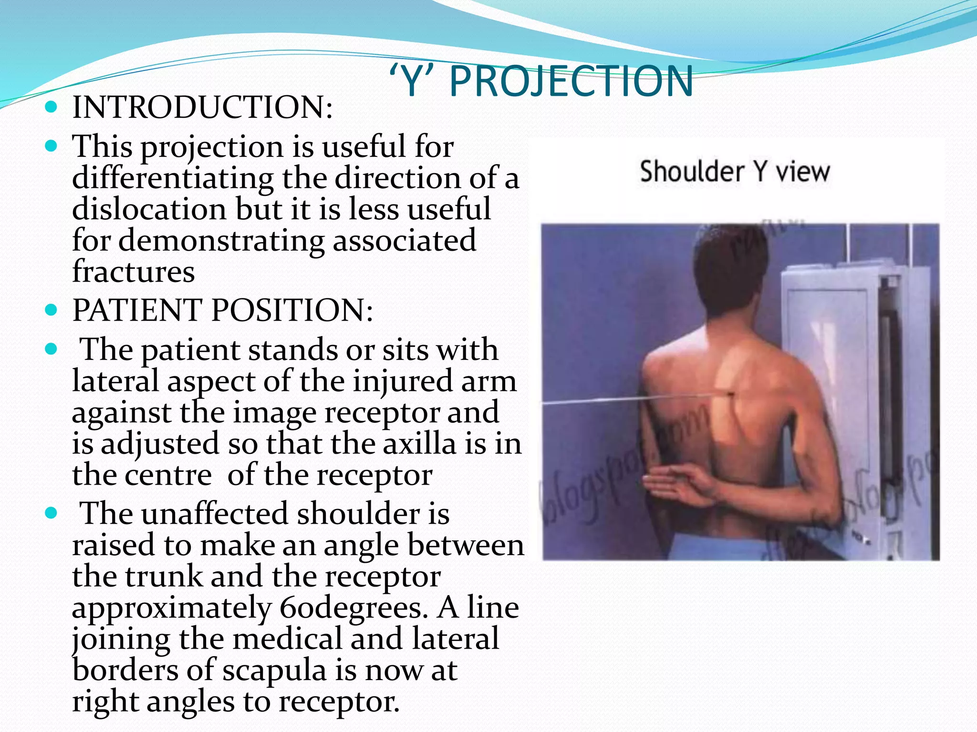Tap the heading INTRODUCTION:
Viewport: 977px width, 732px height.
click(x=202, y=107)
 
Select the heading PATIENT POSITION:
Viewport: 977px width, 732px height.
click(x=222, y=310)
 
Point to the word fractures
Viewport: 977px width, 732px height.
click(x=134, y=272)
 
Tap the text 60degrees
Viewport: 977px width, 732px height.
click(x=353, y=608)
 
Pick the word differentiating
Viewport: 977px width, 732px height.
click(x=173, y=178)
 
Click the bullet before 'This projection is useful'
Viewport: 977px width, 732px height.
click(x=51, y=146)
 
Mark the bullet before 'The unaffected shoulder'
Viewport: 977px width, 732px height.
click(x=51, y=513)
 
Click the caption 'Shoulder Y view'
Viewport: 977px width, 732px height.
click(x=735, y=172)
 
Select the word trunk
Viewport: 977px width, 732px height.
click(x=164, y=577)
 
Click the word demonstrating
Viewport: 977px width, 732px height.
click(x=221, y=240)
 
